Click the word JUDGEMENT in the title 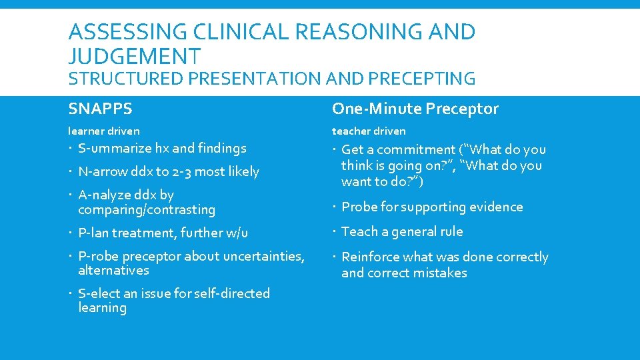(134, 55)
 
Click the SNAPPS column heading (100, 109)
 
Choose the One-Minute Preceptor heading (415, 109)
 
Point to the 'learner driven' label (104, 131)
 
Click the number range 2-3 (184, 171)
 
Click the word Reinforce (369, 257)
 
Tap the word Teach (358, 231)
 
